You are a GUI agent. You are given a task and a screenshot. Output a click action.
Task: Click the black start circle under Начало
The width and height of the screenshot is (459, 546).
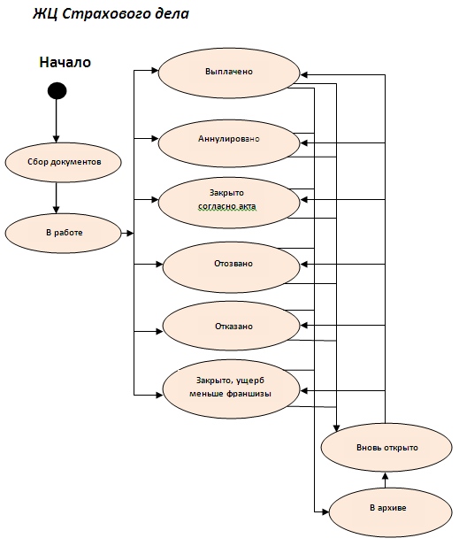point(57,90)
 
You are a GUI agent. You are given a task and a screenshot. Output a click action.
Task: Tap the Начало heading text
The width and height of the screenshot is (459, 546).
point(65,62)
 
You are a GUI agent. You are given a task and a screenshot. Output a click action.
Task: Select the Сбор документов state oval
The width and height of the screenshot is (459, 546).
point(64,162)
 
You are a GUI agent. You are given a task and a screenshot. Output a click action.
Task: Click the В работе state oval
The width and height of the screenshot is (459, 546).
point(64,233)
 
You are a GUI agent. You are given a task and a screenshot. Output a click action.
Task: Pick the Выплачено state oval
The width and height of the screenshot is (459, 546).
point(229,73)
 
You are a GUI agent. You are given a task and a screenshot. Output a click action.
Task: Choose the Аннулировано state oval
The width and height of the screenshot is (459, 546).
point(229,143)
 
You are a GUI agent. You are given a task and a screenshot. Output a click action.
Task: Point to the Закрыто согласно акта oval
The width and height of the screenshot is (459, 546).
point(229,203)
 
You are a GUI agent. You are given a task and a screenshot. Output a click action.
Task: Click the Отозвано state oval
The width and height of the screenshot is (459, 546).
point(232,267)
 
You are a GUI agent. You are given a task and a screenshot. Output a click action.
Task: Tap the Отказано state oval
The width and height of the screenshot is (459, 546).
point(232,326)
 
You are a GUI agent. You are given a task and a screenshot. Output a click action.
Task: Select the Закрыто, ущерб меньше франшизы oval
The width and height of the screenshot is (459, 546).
point(232,389)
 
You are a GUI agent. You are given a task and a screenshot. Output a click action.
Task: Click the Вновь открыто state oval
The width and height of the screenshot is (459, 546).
point(386,448)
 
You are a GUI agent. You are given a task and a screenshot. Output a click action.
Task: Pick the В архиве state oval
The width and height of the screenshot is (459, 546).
point(390,512)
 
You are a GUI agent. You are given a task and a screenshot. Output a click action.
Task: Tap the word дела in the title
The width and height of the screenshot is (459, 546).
point(173,14)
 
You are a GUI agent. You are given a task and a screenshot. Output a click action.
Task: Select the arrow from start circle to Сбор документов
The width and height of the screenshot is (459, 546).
point(57,121)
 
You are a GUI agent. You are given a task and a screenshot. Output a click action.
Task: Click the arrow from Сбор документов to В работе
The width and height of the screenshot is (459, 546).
point(57,198)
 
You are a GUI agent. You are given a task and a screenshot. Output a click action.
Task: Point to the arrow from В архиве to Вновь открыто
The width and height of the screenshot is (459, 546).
point(385,480)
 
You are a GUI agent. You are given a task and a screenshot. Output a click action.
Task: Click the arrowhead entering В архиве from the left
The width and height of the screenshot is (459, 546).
point(325,511)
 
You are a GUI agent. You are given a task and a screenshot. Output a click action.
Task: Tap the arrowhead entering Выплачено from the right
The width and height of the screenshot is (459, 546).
point(304,75)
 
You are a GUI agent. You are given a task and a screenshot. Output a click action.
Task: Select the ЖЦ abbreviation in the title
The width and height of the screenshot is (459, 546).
point(46,14)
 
